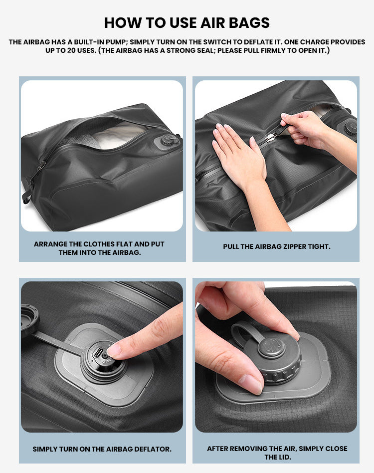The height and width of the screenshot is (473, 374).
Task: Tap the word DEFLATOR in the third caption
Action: coord(152,449)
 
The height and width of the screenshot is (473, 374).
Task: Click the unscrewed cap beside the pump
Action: coord(30,322)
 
